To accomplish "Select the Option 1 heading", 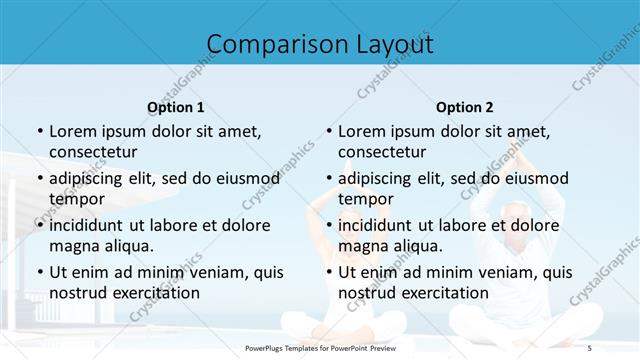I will click(175, 107).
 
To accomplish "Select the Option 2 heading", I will click(464, 107).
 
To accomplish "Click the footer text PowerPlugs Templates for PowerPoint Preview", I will click(320, 346).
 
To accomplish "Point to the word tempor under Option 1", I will click(77, 199).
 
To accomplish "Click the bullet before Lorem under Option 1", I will click(39, 132).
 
